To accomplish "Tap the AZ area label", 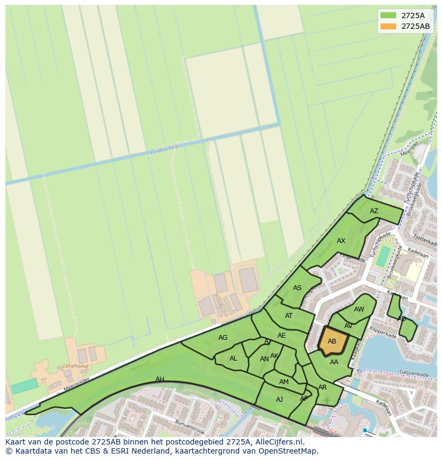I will (x=374, y=211).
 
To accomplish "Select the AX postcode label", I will (x=341, y=241).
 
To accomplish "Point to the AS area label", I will (x=297, y=288).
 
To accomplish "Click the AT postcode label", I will (x=289, y=316).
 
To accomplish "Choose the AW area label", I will (x=359, y=309).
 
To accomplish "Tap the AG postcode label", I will (x=223, y=338).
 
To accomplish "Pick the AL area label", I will (x=233, y=358).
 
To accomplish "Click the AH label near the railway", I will (x=160, y=379).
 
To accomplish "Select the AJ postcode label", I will (x=279, y=400).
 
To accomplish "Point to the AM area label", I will (x=284, y=382).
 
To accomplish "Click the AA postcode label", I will (x=334, y=362).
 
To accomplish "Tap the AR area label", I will (x=322, y=387).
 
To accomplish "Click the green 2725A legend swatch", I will (x=388, y=15).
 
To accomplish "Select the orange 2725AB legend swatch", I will (x=388, y=26).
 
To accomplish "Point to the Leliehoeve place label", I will (x=76, y=367).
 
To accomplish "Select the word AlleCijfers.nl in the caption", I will (x=278, y=442).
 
